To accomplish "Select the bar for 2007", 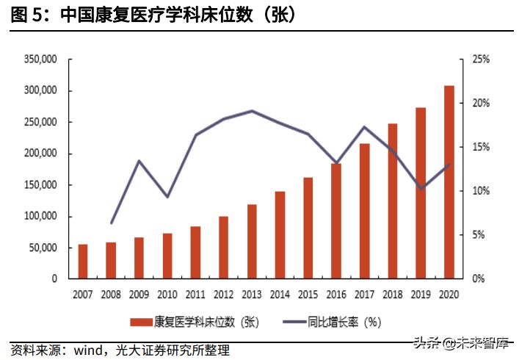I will pos(83,262).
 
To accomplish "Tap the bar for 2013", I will pos(252,242).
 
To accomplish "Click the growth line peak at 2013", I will pos(252,111).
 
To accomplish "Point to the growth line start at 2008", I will pos(112,223).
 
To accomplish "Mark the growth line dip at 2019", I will pos(421,189).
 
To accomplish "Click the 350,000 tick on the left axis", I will pos(40,60).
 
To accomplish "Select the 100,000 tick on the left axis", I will pos(40,217).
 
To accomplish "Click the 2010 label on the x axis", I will pos(167,294).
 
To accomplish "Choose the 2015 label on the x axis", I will pos(308,294).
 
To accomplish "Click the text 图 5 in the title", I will pos(26,14).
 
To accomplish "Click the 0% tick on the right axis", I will pos(478,279).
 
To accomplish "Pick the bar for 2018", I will pos(393,201).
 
